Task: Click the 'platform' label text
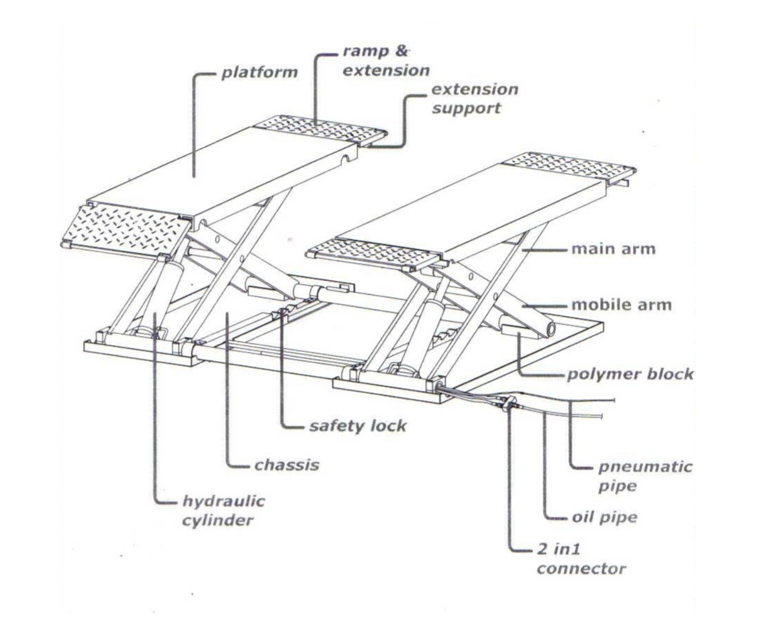(x=259, y=72)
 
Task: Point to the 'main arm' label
(x=613, y=249)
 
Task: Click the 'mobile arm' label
(x=621, y=304)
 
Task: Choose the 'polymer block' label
(x=630, y=375)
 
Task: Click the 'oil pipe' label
(x=604, y=518)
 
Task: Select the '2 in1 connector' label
(x=581, y=560)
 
